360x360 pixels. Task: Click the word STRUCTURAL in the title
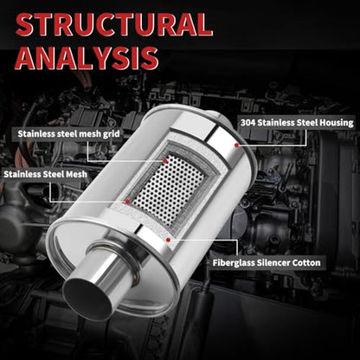114,25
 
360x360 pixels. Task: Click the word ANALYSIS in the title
87,58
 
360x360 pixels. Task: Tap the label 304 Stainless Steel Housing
297,123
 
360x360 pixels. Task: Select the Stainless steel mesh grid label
68,134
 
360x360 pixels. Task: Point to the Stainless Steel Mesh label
45,174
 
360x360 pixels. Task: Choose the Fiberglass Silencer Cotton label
267,263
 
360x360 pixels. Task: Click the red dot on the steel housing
236,145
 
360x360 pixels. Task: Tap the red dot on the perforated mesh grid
165,161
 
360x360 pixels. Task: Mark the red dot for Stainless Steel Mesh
128,202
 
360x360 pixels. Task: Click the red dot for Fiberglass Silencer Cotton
169,239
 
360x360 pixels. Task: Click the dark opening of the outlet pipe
87,299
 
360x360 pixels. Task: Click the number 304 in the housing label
247,123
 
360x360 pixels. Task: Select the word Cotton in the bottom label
306,263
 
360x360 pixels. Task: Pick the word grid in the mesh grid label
112,134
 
